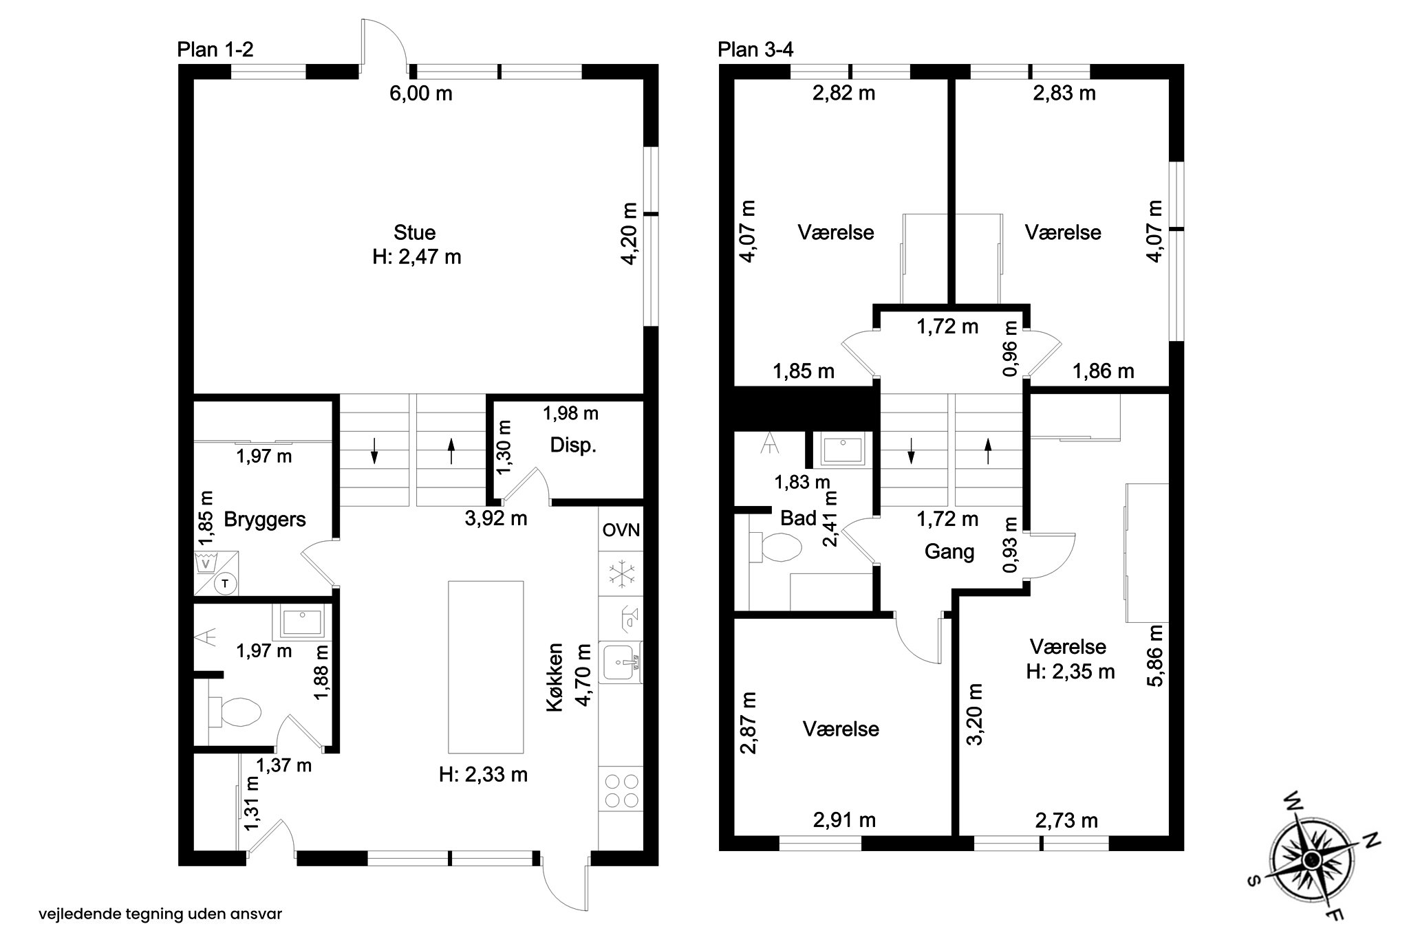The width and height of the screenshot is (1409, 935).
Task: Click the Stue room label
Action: (x=415, y=232)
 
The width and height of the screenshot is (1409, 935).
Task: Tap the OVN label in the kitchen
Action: (x=621, y=530)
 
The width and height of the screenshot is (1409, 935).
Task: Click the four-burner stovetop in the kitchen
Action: (x=621, y=790)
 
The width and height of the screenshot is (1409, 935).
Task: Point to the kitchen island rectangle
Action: (x=486, y=667)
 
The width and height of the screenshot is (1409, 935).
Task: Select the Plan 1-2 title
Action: (x=215, y=49)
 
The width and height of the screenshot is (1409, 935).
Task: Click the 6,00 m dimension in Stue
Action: (x=421, y=93)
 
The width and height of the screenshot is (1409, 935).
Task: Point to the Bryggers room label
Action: (x=265, y=520)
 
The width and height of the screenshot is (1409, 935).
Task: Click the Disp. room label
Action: (x=573, y=445)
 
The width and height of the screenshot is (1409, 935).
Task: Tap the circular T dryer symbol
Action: (x=225, y=584)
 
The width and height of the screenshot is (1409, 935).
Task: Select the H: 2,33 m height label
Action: (x=483, y=775)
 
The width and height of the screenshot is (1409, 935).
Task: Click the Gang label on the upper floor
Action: (x=949, y=551)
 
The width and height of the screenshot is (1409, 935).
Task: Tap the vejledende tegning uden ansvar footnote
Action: (x=160, y=914)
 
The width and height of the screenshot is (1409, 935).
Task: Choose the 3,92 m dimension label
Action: (x=496, y=518)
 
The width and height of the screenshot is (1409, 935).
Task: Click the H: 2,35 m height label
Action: (x=1071, y=672)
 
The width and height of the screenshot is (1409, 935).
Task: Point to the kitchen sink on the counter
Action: (x=621, y=661)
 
